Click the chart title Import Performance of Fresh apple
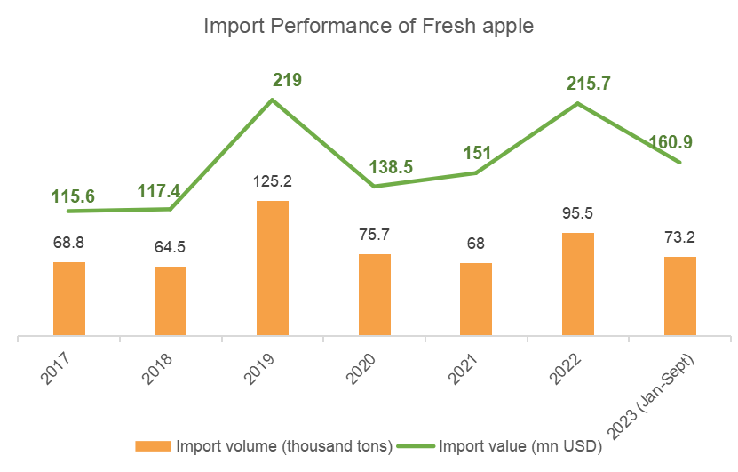pos(369,27)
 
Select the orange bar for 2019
pos(273,268)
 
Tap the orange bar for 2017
pos(69,299)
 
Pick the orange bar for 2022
pos(578,284)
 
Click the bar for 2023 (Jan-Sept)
pos(680,296)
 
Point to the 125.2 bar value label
pos(273,181)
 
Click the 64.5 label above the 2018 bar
pos(171,247)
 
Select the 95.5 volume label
pos(578,213)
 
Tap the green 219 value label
pos(287,80)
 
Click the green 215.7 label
pos(588,84)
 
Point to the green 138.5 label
pos(391,167)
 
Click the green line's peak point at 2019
pos(272,100)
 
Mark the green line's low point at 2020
pos(374,187)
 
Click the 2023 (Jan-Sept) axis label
pos(651,396)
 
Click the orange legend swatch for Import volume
pos(153,446)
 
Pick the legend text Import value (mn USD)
pos(520,446)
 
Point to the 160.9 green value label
pos(671,142)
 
